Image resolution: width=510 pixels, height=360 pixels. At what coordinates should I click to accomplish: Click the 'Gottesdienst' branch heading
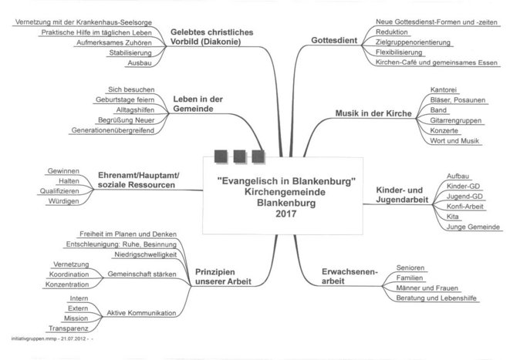point(336,39)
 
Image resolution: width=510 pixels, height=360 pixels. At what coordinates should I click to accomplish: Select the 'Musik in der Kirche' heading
point(373,114)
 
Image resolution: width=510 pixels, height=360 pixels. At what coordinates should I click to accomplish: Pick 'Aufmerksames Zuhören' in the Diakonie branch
point(103,45)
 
